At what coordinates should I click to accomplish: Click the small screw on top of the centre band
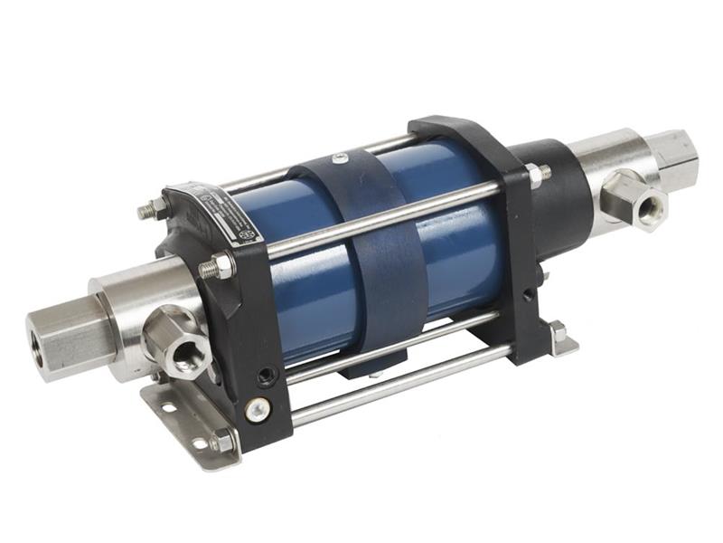(x=338, y=159)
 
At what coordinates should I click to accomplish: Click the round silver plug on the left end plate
(x=258, y=409)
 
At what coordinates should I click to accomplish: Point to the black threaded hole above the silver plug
(x=264, y=373)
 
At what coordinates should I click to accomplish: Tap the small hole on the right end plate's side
(x=527, y=296)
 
